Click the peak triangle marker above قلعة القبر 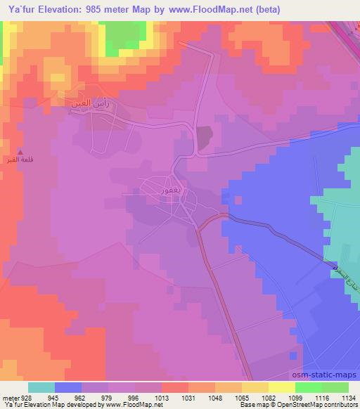[20, 152]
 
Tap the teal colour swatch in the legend [41, 387]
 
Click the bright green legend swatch [309, 387]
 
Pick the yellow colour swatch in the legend [255, 387]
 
